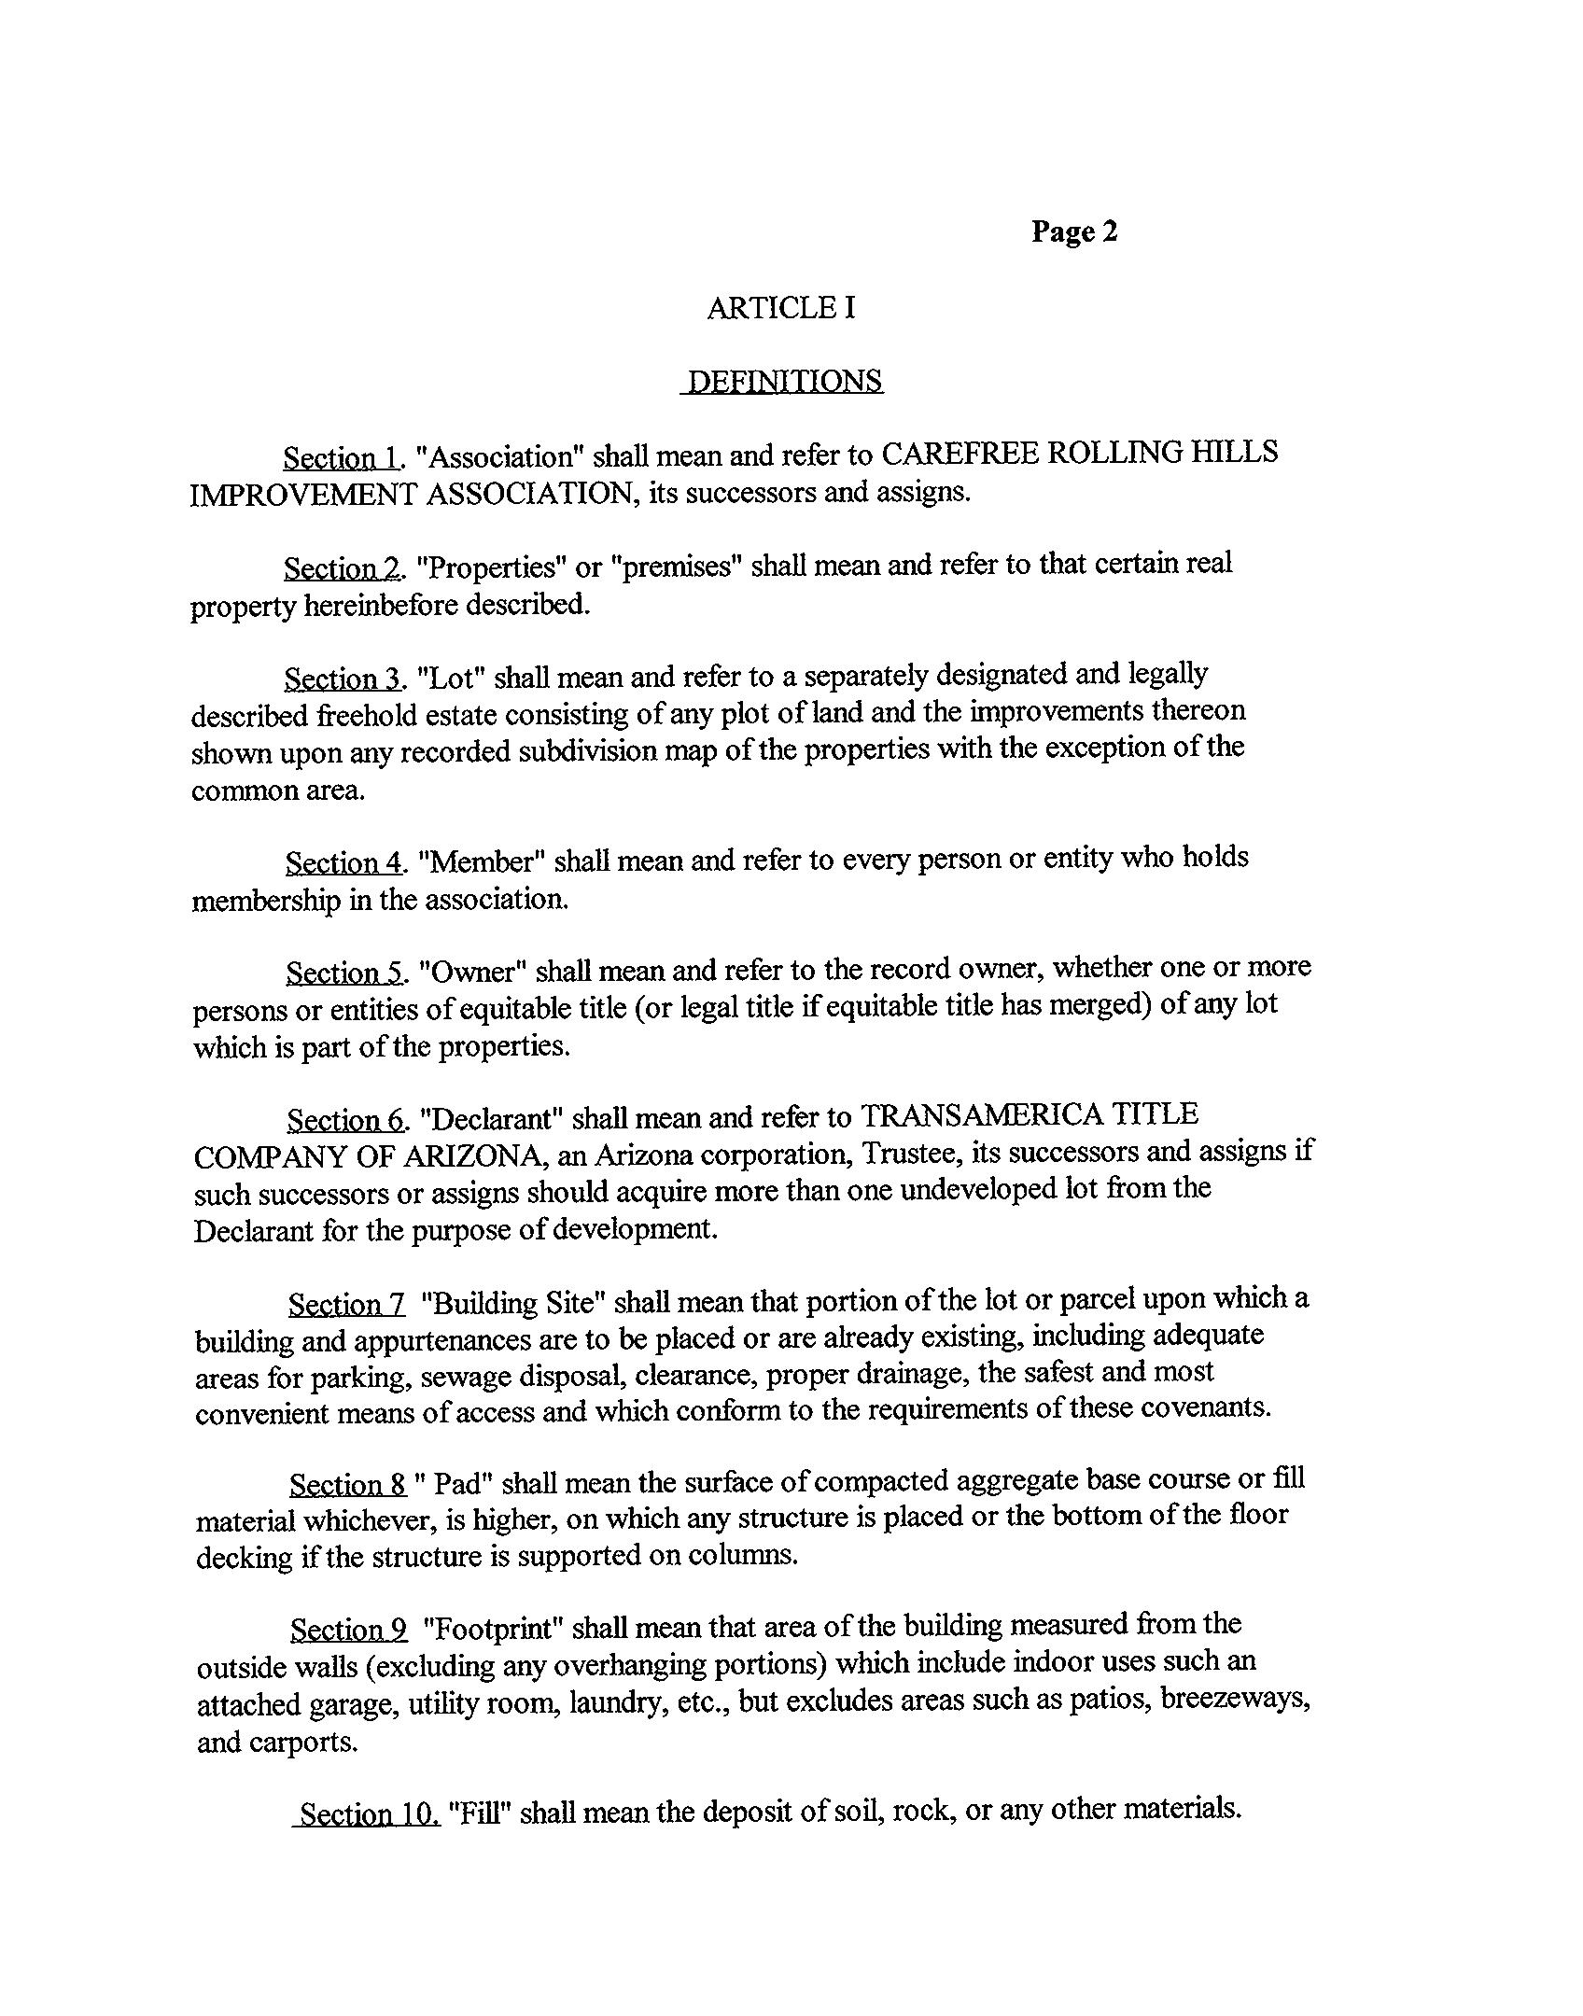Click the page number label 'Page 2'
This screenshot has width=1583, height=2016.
point(1073,231)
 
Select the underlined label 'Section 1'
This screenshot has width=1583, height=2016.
point(342,458)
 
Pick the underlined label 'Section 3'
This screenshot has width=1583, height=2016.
point(343,679)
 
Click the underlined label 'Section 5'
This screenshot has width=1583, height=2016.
point(344,973)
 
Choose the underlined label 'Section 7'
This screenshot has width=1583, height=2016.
point(346,1304)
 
